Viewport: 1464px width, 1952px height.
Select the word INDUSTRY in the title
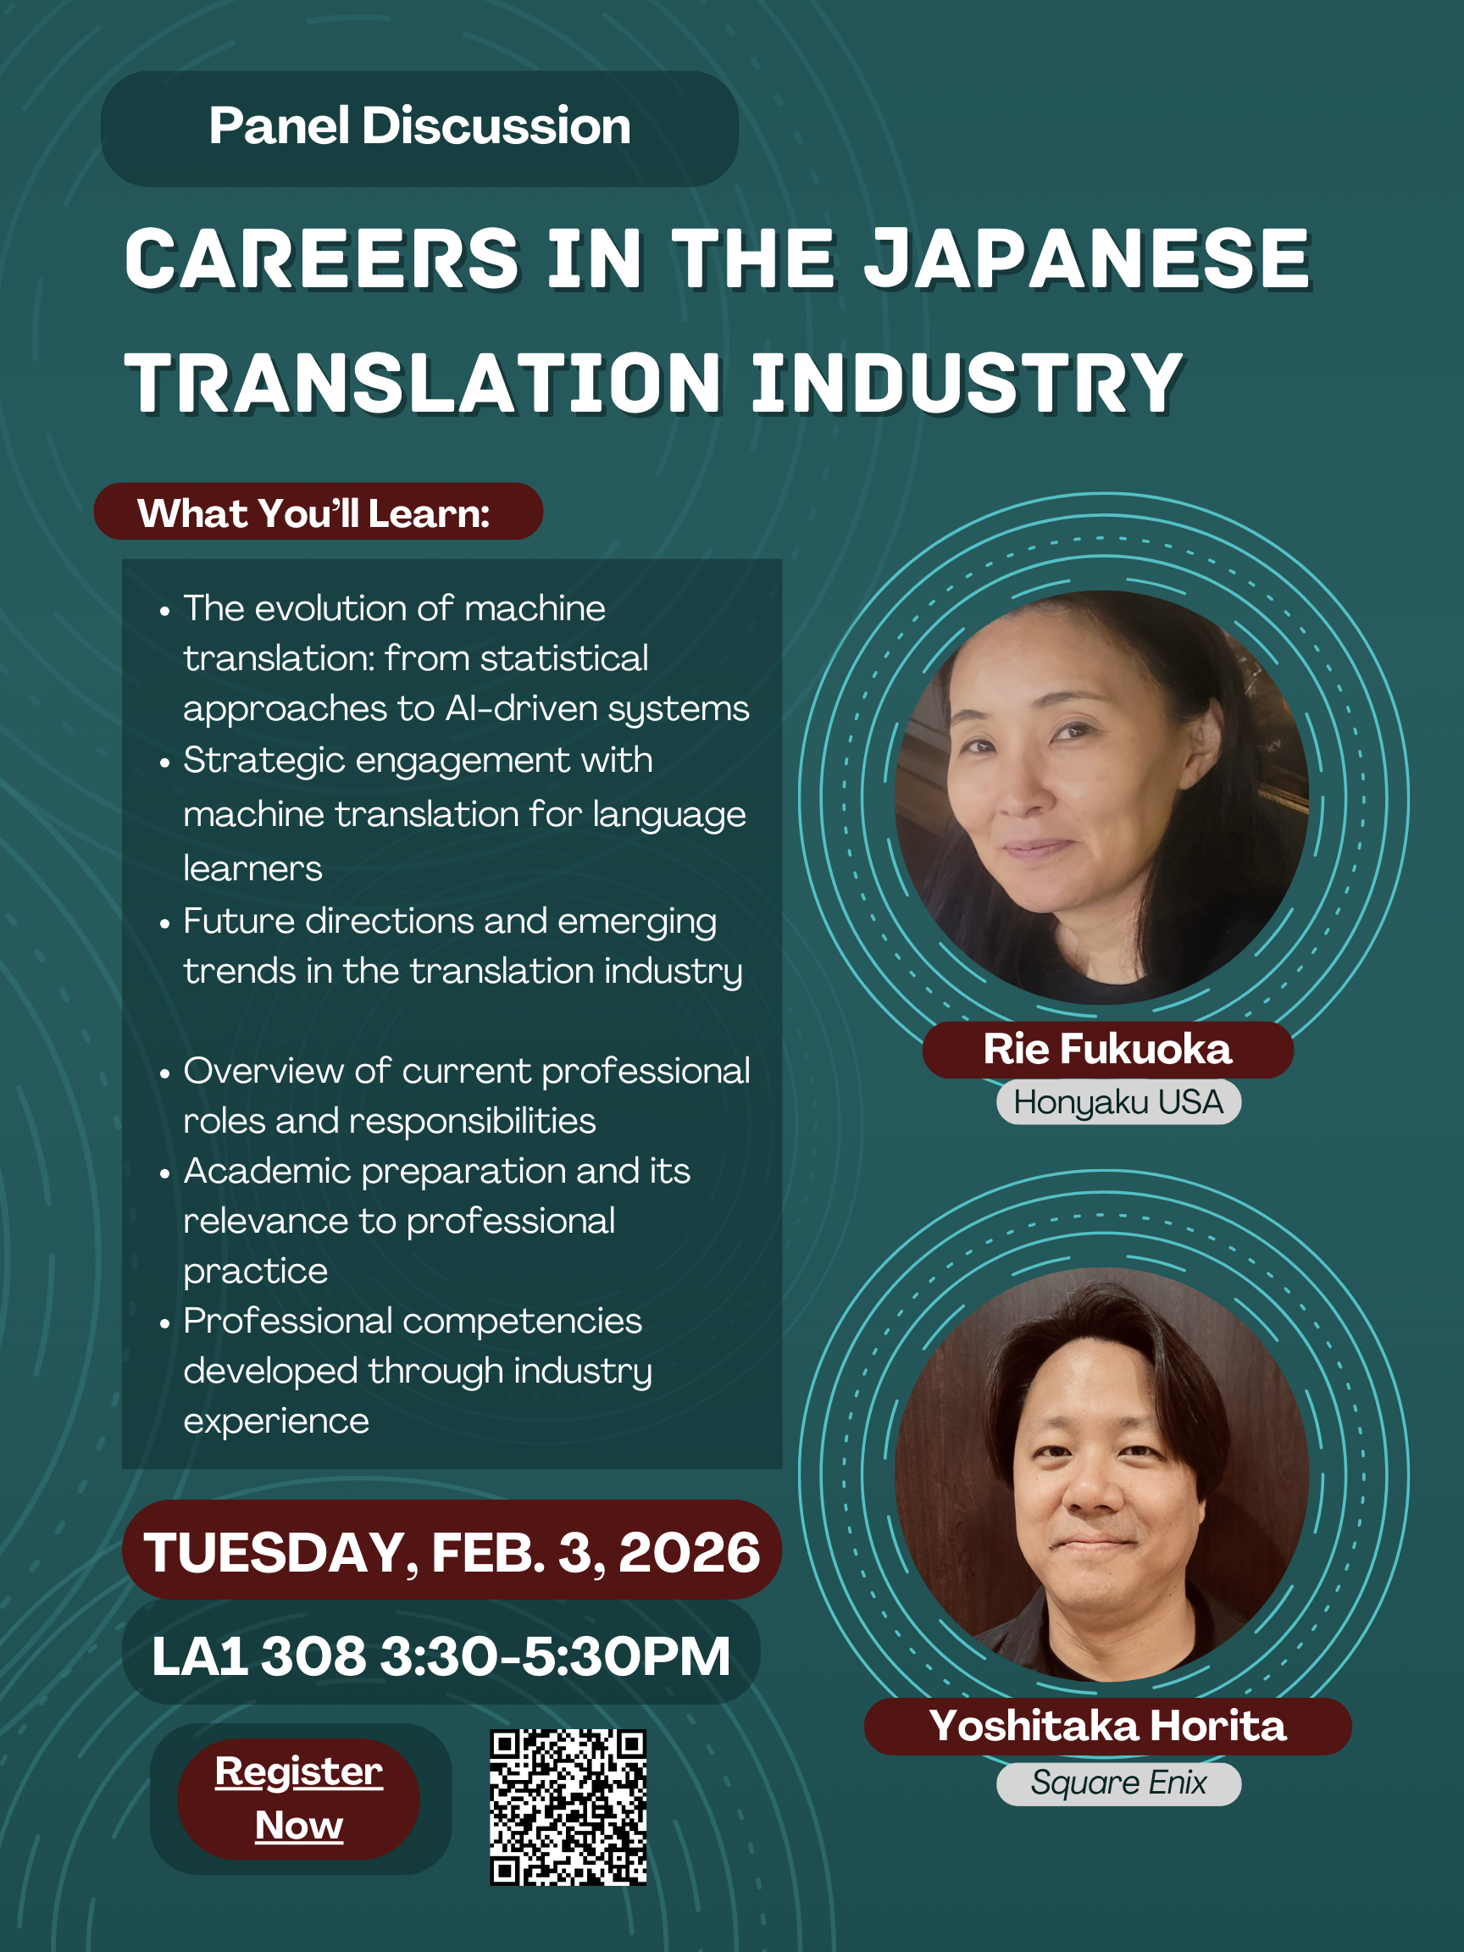[968, 383]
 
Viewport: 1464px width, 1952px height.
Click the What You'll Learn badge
[318, 512]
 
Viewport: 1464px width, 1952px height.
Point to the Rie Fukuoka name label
[1107, 1049]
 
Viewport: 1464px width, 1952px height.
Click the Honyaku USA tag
[1118, 1102]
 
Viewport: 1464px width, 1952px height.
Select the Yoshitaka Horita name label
[1107, 1726]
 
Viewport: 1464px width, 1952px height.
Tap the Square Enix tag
[1118, 1783]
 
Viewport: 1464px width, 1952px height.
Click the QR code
[568, 1806]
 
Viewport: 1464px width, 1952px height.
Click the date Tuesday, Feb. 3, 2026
[452, 1552]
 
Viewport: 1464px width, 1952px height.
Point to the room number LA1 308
[258, 1655]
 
